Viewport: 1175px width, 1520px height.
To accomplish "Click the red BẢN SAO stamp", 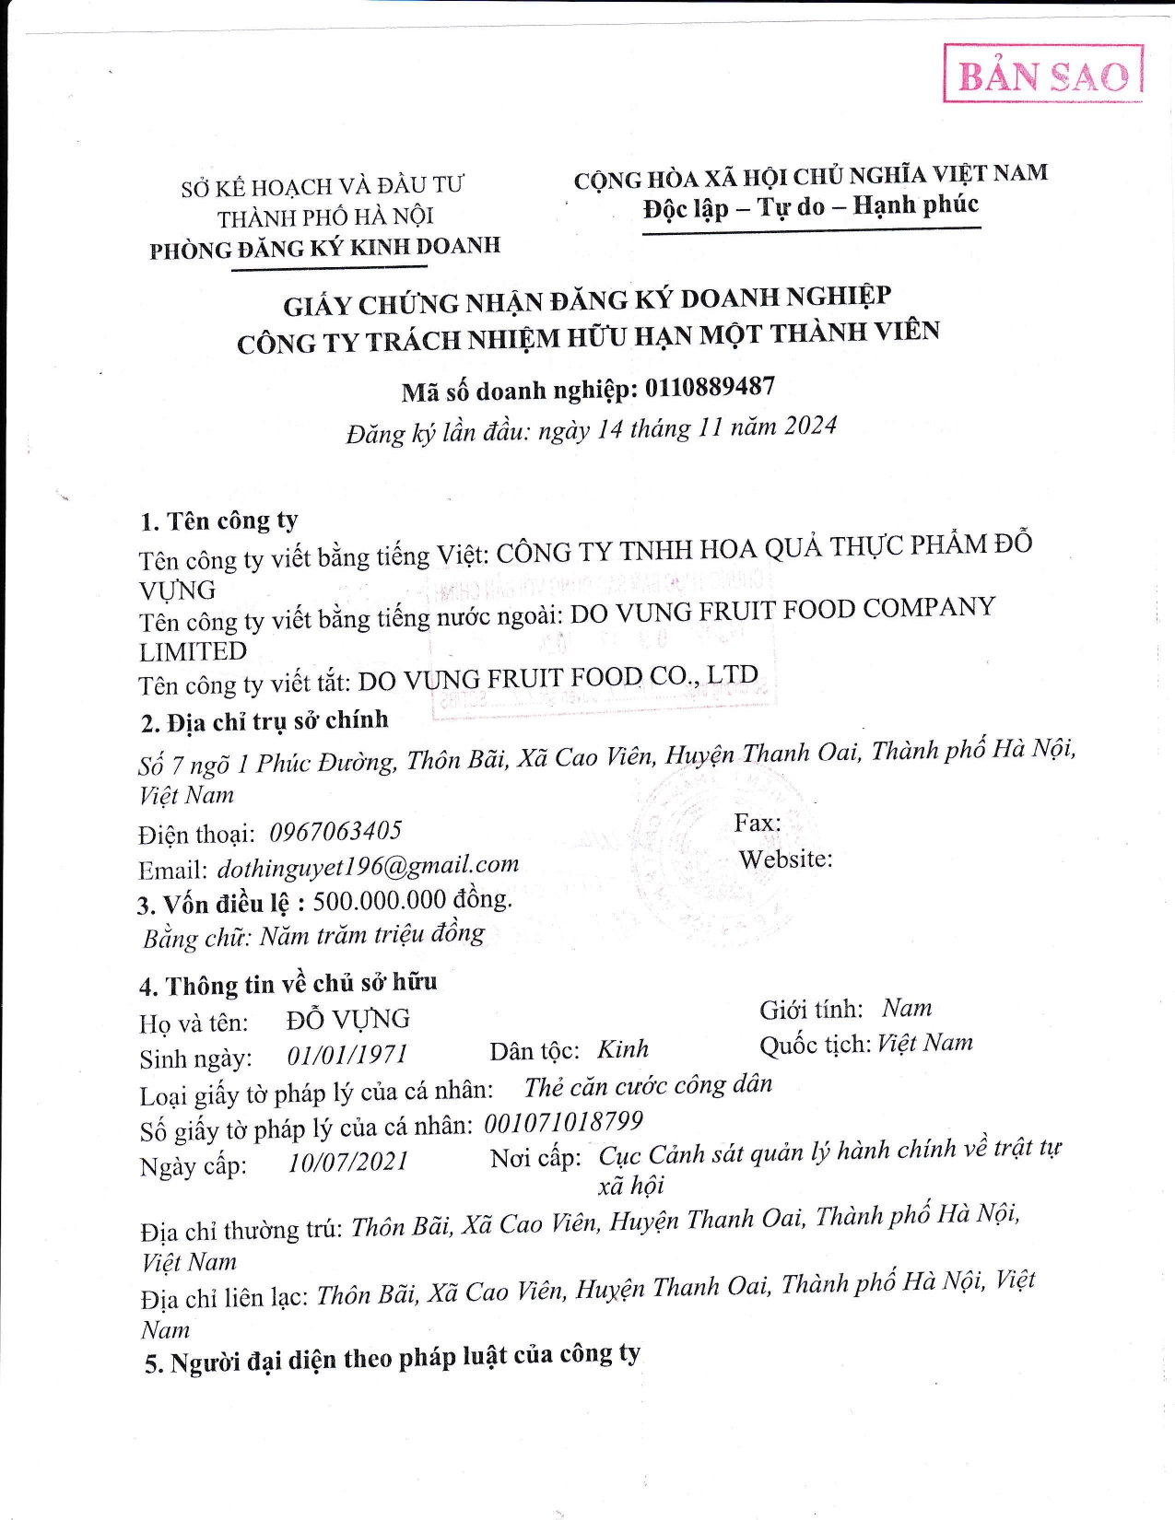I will tap(1042, 75).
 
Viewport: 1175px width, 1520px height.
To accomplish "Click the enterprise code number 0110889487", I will tap(710, 388).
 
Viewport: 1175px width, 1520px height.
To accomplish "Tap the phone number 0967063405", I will tap(335, 832).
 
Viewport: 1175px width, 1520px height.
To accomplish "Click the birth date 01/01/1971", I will tap(347, 1055).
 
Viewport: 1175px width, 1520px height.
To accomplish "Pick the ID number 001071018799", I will tap(564, 1123).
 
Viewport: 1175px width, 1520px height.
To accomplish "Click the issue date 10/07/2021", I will tap(348, 1162).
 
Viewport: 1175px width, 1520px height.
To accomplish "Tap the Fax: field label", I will tap(758, 823).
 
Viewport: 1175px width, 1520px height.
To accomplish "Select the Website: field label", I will tap(785, 859).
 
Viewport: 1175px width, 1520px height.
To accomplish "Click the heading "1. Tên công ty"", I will tap(219, 521).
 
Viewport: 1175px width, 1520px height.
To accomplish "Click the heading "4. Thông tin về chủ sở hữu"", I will tap(288, 985).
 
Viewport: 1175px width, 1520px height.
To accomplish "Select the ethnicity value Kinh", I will tap(623, 1049).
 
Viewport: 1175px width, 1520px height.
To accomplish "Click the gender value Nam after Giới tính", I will tap(907, 1008).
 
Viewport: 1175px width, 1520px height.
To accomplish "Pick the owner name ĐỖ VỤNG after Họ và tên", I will tap(348, 1020).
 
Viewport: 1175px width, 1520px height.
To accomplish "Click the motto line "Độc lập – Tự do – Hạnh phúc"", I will tap(811, 206).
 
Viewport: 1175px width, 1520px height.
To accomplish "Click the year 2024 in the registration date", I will tap(810, 426).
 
